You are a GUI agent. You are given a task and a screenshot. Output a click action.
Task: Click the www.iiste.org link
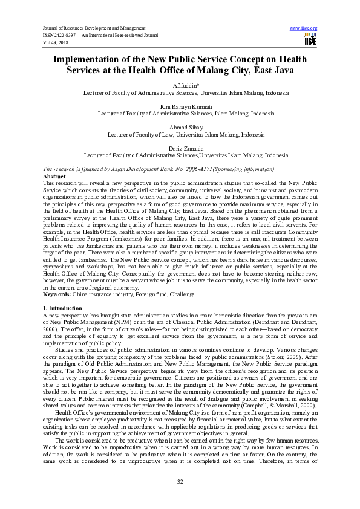[304, 28]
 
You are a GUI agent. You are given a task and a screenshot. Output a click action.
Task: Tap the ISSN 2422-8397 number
[61, 36]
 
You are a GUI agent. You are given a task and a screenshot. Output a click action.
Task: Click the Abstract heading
[56, 175]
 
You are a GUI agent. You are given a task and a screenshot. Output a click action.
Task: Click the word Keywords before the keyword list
[59, 294]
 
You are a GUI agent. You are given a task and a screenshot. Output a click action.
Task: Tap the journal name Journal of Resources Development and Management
[93, 28]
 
